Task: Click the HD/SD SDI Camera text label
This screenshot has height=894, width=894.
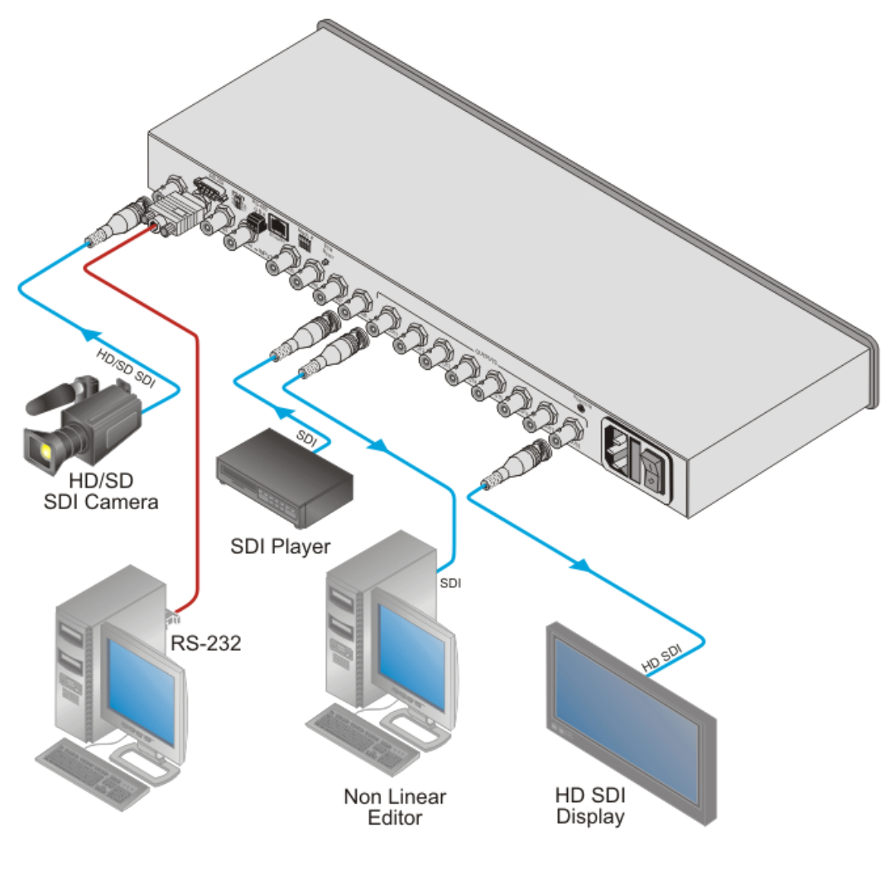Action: [100, 490]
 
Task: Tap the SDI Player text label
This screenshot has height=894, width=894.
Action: [280, 546]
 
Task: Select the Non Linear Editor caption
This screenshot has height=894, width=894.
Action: [395, 807]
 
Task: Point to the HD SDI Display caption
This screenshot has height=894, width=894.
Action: [590, 806]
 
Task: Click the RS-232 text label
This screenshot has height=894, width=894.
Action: [206, 642]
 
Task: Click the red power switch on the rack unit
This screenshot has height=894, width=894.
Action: [651, 468]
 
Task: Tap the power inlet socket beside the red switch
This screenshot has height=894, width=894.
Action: [619, 451]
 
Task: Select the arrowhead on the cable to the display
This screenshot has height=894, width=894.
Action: [583, 566]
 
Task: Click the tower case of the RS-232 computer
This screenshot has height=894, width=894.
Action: [79, 662]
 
